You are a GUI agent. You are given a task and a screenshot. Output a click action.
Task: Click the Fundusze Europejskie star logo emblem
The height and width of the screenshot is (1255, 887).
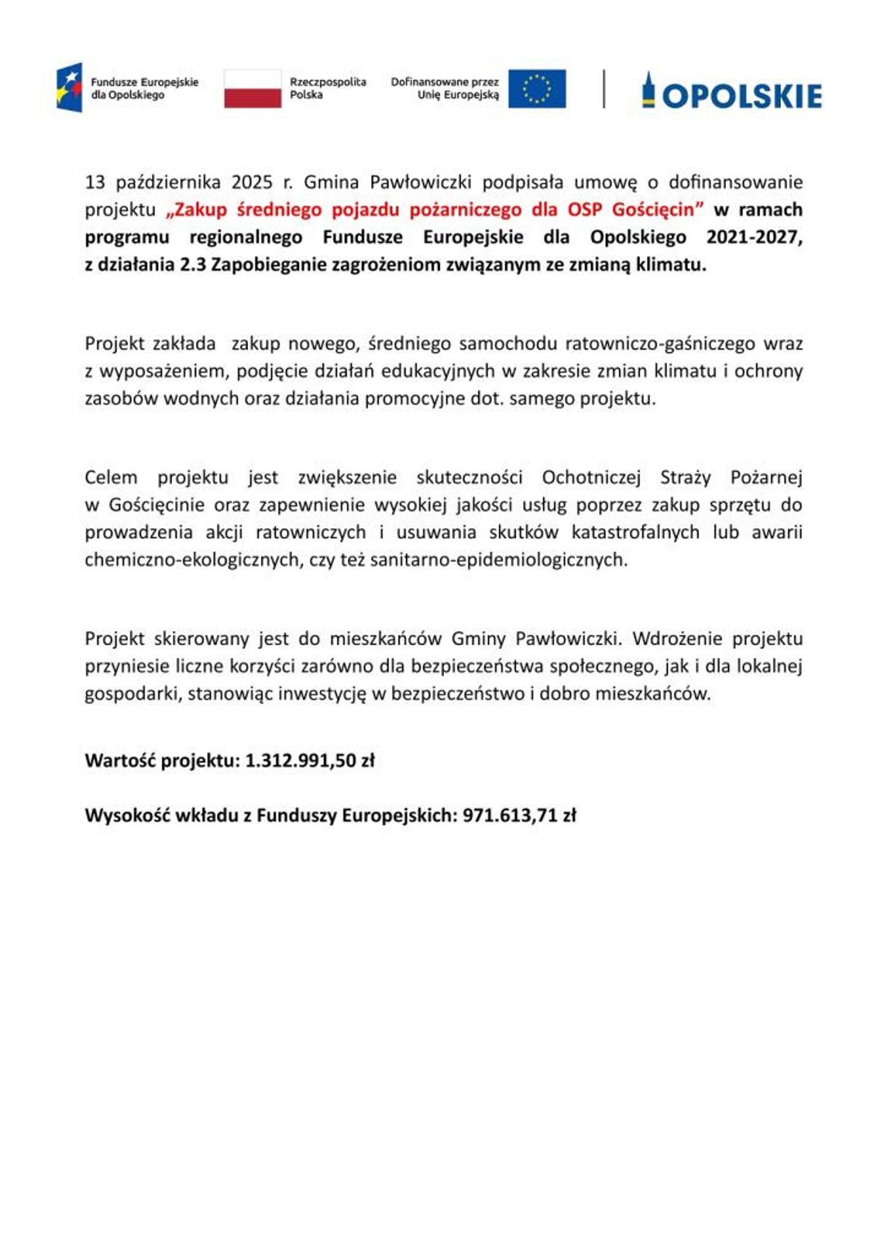pos(69,88)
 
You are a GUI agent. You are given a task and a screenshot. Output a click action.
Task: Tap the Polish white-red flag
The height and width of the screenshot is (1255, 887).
pos(252,89)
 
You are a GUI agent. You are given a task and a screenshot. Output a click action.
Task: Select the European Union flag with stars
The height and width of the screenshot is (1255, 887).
pos(537,89)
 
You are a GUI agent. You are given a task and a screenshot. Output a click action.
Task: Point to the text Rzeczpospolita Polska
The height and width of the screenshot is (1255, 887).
pos(328,88)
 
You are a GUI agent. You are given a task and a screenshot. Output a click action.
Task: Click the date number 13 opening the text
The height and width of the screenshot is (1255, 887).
pos(95,182)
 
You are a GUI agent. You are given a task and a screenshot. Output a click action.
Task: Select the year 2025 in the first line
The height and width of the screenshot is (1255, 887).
pos(252,182)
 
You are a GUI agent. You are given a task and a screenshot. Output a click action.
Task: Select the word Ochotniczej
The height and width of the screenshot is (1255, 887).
pos(591,477)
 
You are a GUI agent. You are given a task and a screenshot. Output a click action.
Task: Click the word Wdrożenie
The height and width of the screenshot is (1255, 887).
pos(677,639)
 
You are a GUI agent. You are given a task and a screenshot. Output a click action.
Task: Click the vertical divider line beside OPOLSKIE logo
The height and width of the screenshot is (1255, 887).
pos(604,89)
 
